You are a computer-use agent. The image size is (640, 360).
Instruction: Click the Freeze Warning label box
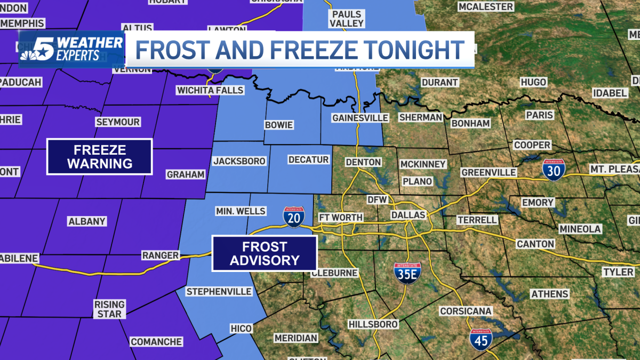point(100,156)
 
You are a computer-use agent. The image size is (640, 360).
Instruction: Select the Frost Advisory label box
point(265,253)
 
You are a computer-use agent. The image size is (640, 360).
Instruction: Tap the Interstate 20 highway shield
point(294,217)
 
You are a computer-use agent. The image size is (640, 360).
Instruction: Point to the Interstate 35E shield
point(407,273)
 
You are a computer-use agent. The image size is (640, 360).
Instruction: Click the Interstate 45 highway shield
point(481,340)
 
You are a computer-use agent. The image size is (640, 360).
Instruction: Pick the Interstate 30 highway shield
point(554,170)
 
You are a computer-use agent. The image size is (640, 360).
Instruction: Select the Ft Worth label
point(341,218)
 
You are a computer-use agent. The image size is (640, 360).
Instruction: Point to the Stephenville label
point(219,292)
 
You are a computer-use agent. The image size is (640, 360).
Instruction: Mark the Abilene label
point(19,259)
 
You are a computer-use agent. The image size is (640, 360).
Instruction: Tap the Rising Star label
point(110,309)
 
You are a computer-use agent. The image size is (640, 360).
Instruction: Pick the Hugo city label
point(533,82)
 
